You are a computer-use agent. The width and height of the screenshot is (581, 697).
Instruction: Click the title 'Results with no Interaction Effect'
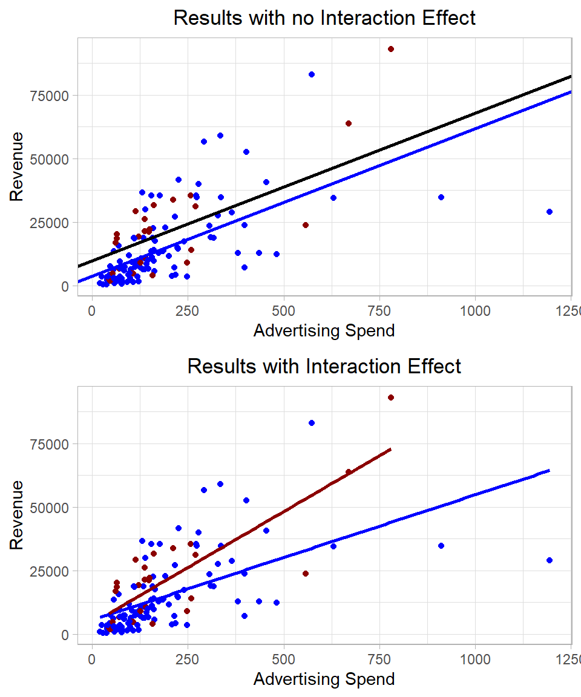tap(324, 18)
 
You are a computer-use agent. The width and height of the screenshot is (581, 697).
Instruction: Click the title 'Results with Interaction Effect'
tap(324, 367)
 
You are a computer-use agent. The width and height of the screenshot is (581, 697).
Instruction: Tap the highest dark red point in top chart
tap(391, 49)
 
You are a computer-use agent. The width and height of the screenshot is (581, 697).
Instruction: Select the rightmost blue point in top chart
tap(550, 212)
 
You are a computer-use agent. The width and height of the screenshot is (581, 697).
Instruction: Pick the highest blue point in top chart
tap(312, 74)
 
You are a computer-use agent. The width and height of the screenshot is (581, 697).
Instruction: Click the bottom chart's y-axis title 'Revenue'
tap(17, 514)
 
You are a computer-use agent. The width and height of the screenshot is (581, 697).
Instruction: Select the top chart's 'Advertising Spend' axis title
tap(324, 331)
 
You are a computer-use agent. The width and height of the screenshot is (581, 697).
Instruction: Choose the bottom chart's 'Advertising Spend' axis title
tap(324, 679)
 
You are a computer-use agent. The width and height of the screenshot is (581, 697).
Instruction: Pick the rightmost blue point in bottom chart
tap(550, 560)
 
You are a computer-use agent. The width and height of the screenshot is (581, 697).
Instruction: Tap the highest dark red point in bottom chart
tap(391, 398)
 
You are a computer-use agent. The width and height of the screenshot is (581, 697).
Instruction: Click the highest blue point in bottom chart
tap(312, 423)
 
